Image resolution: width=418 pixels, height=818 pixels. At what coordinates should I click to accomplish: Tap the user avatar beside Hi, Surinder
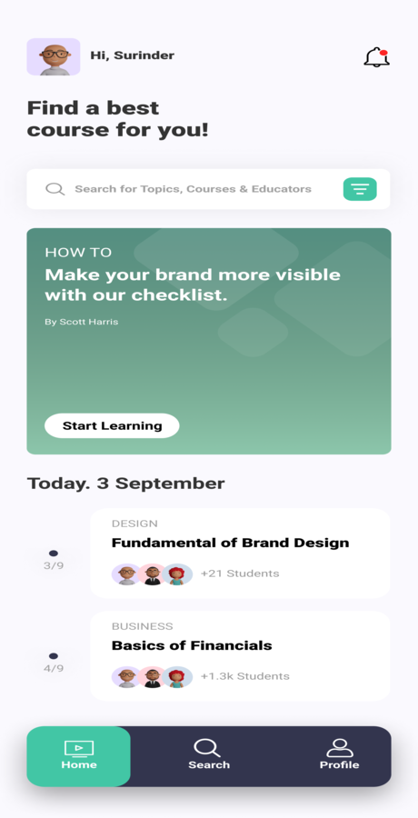coord(54,56)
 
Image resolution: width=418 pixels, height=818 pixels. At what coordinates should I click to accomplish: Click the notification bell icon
coord(376,57)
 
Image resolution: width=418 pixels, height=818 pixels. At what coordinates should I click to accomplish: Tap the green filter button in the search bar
coord(360,189)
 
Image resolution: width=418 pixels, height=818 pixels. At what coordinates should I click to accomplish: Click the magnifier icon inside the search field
coord(55,189)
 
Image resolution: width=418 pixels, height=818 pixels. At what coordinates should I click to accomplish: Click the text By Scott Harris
coord(82,322)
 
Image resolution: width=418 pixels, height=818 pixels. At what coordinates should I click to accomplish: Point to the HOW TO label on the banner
coord(78,253)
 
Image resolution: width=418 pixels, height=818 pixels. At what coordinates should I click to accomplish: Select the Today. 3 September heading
coord(125,484)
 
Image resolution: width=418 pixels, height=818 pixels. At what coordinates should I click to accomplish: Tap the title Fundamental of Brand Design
coord(230,543)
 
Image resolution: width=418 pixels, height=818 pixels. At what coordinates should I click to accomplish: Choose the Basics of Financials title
coord(192,645)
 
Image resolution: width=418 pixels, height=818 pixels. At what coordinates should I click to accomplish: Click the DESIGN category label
coord(134,524)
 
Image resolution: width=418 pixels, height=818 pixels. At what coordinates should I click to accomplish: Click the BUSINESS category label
coord(142,626)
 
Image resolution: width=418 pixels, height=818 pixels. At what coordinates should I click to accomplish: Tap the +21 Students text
coord(240,574)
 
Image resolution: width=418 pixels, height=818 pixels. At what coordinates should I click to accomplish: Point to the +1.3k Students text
coord(245,676)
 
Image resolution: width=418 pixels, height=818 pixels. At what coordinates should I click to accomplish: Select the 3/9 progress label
coord(54,565)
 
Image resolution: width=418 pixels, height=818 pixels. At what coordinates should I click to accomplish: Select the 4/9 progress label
coord(54,668)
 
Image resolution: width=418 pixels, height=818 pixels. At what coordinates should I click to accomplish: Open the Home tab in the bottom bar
coord(79,755)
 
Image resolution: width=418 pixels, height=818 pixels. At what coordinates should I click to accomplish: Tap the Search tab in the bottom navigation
coord(209,755)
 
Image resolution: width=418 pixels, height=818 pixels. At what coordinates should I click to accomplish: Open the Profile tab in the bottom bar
coord(339,755)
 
